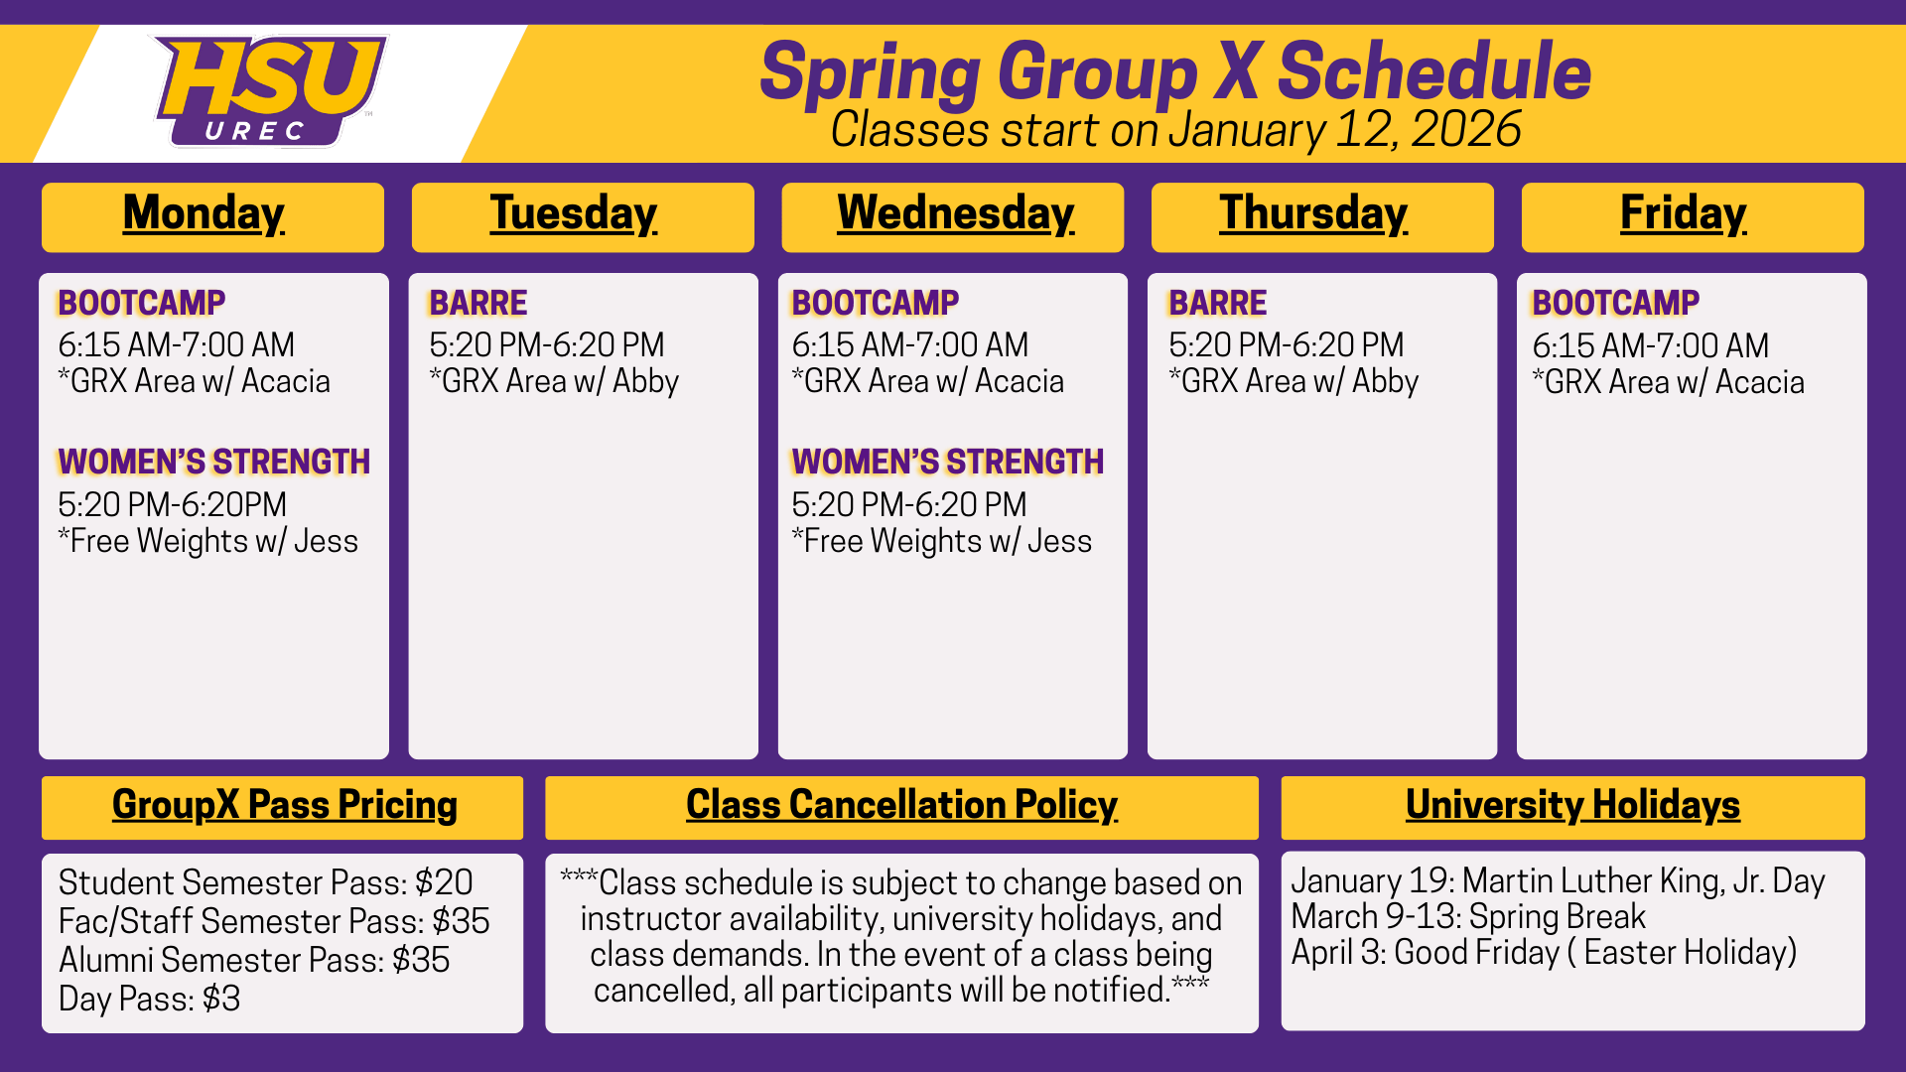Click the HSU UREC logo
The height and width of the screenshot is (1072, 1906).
pos(269,91)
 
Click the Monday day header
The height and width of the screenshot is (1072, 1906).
pos(204,213)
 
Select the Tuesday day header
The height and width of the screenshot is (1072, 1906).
pos(574,213)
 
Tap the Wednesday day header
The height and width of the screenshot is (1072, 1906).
pos(956,213)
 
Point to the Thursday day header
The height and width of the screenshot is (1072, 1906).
pos(1314,213)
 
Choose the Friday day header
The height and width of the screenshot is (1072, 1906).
pos(1684,213)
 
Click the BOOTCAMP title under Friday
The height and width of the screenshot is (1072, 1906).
pos(1615,303)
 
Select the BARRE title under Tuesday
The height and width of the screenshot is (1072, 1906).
pos(477,303)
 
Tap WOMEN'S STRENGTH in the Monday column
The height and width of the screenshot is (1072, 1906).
pos(213,462)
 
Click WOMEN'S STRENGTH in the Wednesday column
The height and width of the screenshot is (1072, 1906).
pos(947,462)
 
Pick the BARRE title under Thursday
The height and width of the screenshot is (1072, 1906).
pos(1218,303)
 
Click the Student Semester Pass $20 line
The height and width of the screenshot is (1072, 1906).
pos(265,882)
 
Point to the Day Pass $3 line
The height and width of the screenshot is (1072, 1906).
pos(149,999)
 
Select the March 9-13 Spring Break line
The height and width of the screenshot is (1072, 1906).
pos(1468,916)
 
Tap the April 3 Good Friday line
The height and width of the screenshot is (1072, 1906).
pos(1544,953)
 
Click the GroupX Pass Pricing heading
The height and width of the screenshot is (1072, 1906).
pos(285,805)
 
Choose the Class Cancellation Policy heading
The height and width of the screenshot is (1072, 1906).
pos(901,805)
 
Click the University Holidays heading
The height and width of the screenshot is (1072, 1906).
pos(1572,805)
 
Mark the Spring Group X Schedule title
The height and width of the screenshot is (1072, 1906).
pos(1175,71)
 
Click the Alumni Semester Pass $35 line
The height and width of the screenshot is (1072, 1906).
pos(254,960)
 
